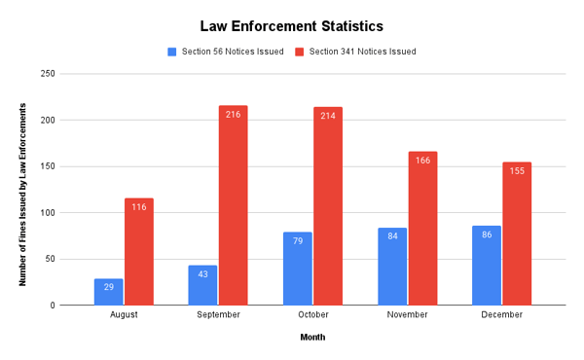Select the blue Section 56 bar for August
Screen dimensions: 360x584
[109, 292]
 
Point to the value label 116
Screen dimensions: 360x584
[139, 207]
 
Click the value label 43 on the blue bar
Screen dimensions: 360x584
[203, 274]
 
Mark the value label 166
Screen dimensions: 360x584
[422, 161]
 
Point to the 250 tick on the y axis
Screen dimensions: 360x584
[74, 74]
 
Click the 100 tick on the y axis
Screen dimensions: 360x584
[74, 213]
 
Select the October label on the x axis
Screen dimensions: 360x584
[312, 315]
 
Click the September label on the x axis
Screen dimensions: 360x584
[218, 315]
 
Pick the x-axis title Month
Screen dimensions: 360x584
[312, 338]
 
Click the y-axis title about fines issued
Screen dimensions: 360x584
[21, 190]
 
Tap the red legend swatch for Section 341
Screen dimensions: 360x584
[300, 52]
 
